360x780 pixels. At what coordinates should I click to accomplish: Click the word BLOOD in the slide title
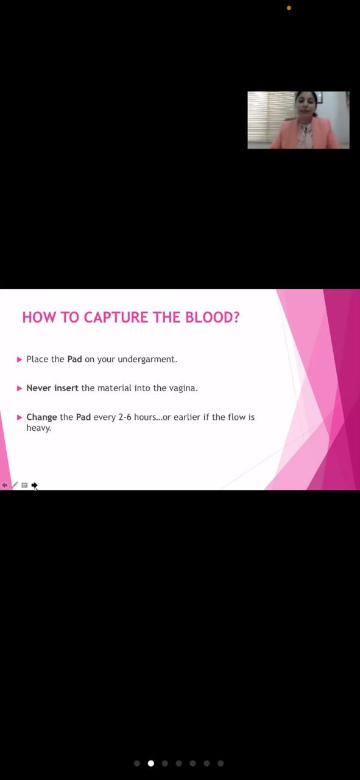click(213, 317)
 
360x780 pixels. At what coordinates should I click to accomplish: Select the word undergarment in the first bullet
click(147, 360)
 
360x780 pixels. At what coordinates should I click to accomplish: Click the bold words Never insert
click(52, 388)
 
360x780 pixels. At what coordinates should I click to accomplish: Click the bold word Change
click(42, 417)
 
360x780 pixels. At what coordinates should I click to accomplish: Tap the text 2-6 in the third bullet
click(125, 417)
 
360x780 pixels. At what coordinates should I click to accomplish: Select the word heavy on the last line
click(38, 428)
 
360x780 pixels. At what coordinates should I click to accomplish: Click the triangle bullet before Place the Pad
click(19, 360)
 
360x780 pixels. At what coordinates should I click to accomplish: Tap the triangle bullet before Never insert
click(19, 389)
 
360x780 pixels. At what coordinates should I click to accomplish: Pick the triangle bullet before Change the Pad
click(19, 417)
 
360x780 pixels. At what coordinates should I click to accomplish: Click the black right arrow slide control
click(34, 485)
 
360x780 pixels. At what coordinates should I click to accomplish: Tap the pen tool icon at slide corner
click(15, 485)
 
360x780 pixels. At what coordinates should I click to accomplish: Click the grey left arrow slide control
click(4, 485)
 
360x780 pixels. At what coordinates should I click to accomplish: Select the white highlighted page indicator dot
click(150, 764)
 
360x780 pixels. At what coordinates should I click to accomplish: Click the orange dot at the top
click(289, 8)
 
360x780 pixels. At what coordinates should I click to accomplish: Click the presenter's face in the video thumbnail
click(306, 104)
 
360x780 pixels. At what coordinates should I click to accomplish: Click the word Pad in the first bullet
click(74, 359)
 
